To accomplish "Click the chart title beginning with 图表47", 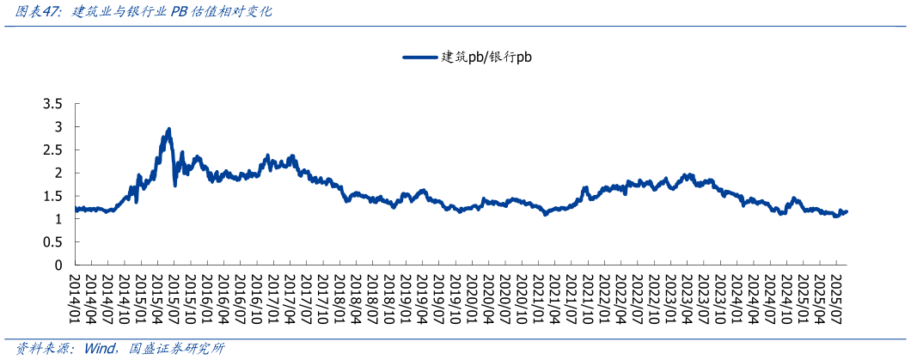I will (138, 13).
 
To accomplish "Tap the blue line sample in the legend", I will (420, 58).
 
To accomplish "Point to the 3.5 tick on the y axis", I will (52, 104).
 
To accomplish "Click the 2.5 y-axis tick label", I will (52, 149).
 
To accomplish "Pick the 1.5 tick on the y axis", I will (52, 196).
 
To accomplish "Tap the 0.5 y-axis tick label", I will (52, 242).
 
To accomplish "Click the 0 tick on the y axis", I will (58, 265).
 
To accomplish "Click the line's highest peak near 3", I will (168, 130).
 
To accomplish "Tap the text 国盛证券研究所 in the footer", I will (175, 349).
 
